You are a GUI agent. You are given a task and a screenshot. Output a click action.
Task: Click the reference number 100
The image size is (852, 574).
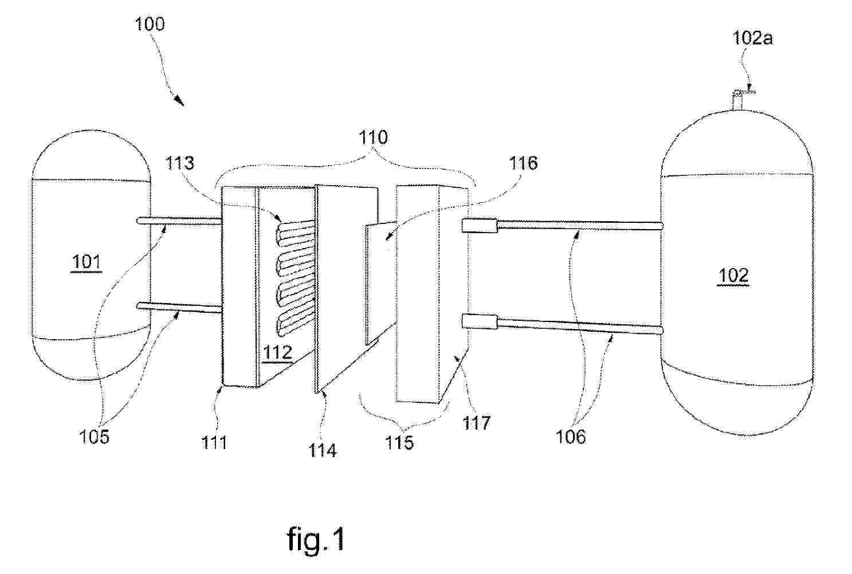(150, 24)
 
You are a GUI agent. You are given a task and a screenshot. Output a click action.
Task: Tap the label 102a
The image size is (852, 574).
(752, 38)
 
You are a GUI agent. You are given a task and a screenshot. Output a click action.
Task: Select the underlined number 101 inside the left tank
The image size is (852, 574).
(87, 262)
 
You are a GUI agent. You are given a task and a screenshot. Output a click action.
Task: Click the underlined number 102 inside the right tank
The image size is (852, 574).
(733, 276)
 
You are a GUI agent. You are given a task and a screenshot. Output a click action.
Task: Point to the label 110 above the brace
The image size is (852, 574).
(373, 137)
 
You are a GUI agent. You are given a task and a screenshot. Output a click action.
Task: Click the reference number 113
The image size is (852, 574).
(179, 163)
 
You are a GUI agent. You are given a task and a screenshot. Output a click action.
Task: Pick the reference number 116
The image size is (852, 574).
(523, 163)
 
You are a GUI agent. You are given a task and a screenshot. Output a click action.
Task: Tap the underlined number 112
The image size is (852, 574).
(278, 353)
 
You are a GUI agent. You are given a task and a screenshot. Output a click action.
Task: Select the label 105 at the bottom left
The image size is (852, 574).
(94, 437)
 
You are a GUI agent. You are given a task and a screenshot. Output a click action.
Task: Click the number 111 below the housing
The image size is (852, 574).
(214, 442)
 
